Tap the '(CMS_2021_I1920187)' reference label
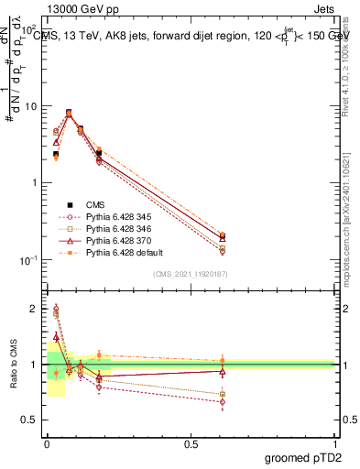[191, 274]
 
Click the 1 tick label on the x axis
[334, 442]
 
